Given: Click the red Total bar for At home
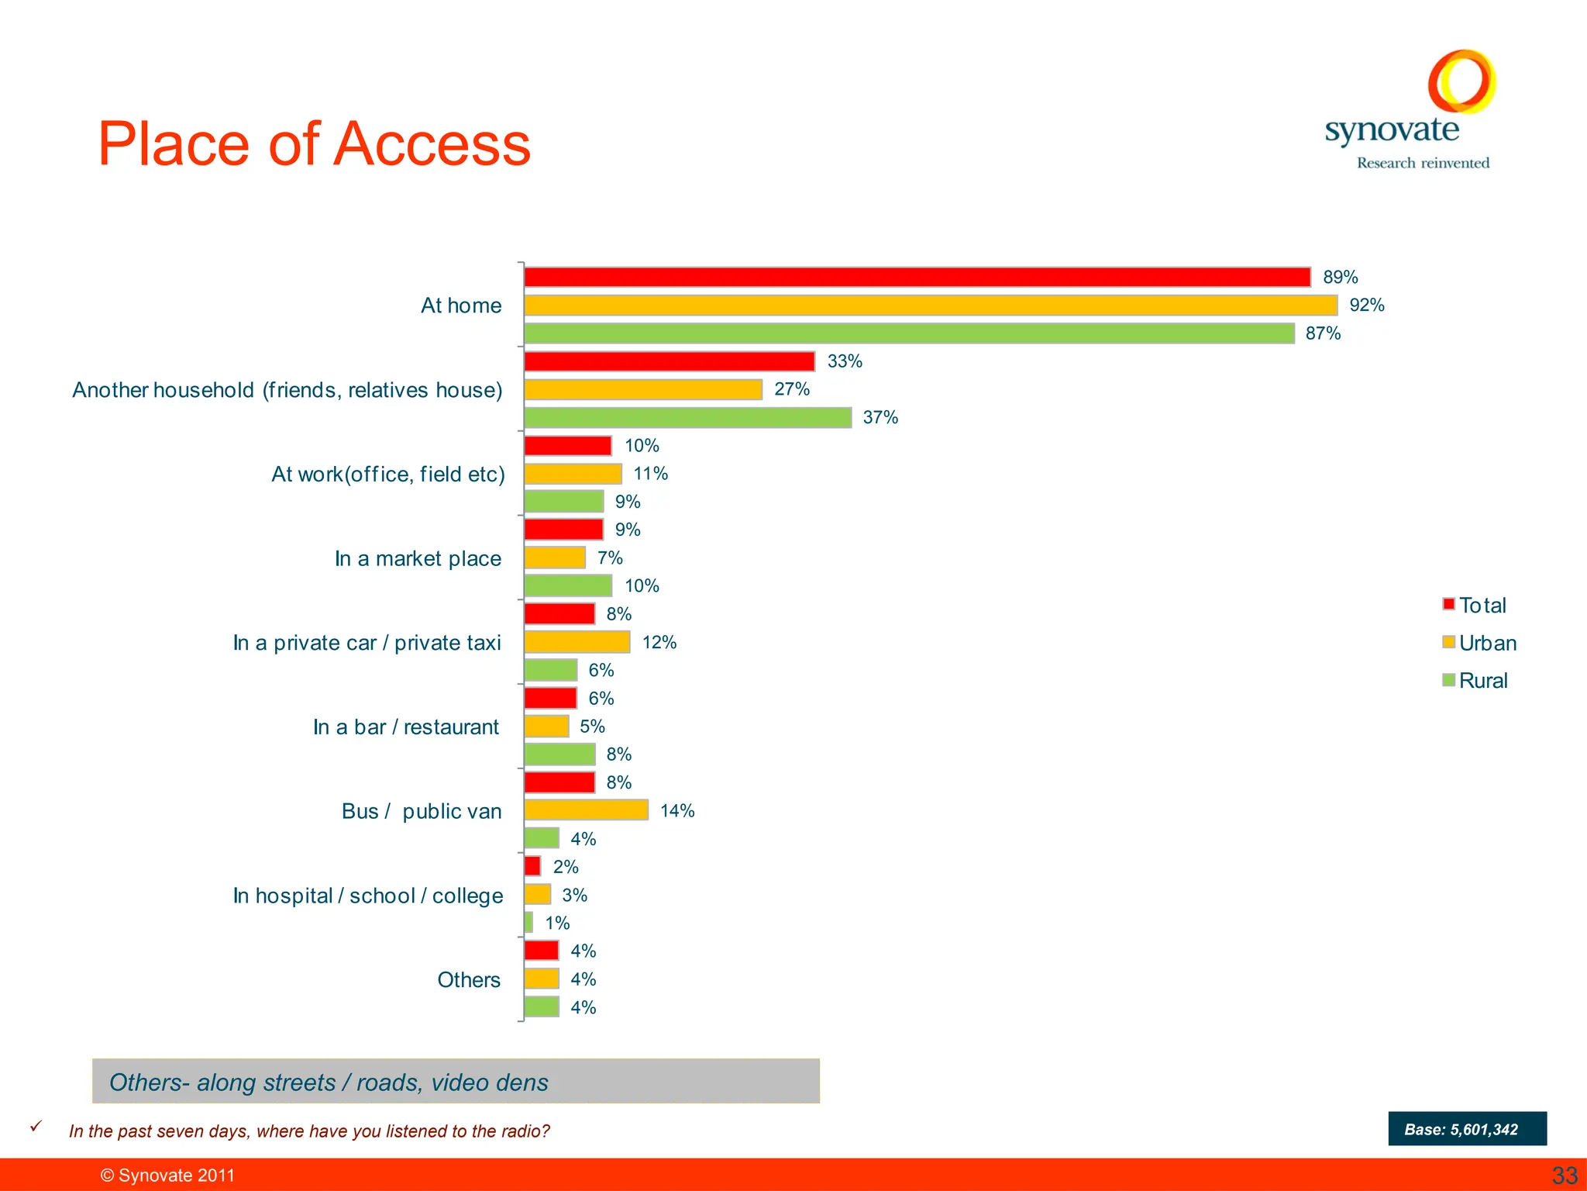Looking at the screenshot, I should pyautogui.click(x=917, y=277).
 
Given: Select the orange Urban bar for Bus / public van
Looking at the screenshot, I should pyautogui.click(x=586, y=810).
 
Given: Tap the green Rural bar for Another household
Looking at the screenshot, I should pyautogui.click(x=687, y=418).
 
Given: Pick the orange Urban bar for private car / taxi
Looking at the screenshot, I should pyautogui.click(x=577, y=642).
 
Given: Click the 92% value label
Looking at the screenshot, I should pyautogui.click(x=1366, y=306).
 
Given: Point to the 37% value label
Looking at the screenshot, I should pyautogui.click(x=880, y=418).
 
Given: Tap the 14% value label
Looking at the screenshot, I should pyautogui.click(x=676, y=811).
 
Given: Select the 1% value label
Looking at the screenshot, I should pyautogui.click(x=557, y=923).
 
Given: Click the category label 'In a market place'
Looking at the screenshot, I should pyautogui.click(x=418, y=558).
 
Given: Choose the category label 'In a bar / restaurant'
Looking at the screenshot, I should pyautogui.click(x=406, y=727).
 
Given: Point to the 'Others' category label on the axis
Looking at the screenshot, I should pyautogui.click(x=469, y=980).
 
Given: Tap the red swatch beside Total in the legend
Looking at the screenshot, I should pyautogui.click(x=1448, y=605).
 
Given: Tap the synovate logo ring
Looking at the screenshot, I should pyautogui.click(x=1461, y=81).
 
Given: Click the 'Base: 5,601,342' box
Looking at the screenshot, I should pyautogui.click(x=1467, y=1129).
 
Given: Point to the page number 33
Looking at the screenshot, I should pyautogui.click(x=1565, y=1175).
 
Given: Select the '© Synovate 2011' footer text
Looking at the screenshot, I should pyautogui.click(x=167, y=1175).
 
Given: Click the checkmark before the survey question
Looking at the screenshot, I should pyautogui.click(x=36, y=1127).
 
